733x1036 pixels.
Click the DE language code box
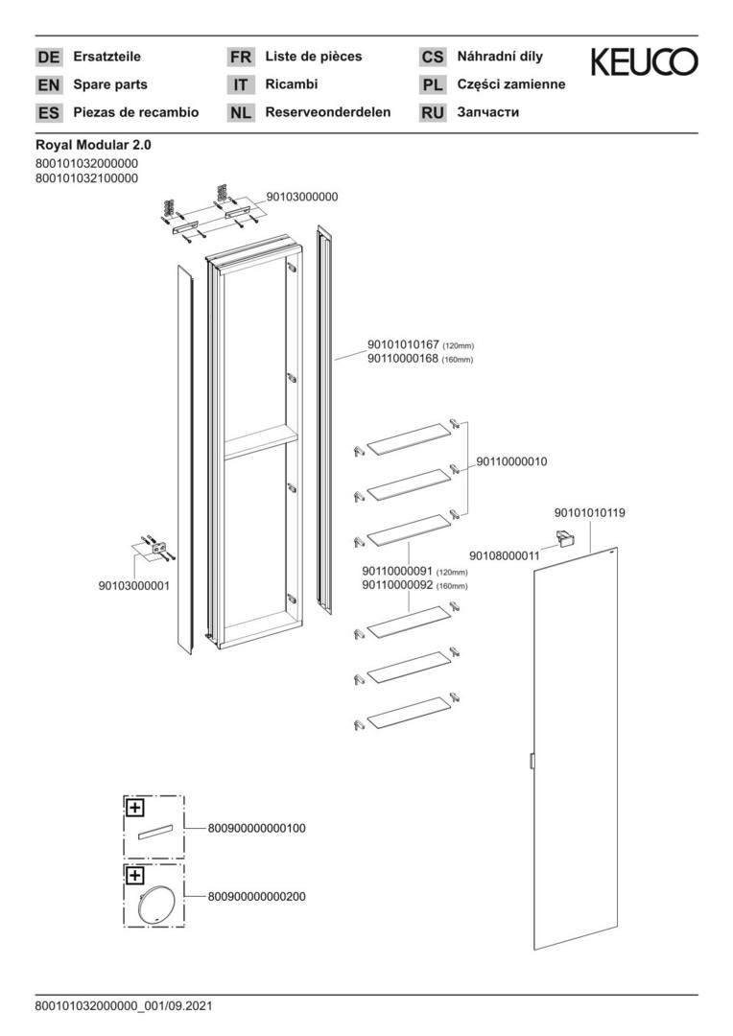click(48, 57)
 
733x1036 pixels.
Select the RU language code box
click(433, 112)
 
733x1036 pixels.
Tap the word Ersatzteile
click(107, 57)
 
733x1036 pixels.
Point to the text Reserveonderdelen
click(328, 112)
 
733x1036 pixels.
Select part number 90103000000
click(302, 197)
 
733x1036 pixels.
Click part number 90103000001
click(134, 585)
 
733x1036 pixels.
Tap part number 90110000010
click(511, 461)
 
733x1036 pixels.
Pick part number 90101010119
click(590, 512)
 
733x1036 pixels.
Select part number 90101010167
click(403, 345)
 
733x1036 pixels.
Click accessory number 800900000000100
click(256, 828)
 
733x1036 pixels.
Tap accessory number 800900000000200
click(256, 897)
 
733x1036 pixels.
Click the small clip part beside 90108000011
click(564, 538)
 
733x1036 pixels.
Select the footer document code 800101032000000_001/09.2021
click(124, 1006)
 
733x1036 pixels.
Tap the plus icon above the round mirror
click(134, 876)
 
